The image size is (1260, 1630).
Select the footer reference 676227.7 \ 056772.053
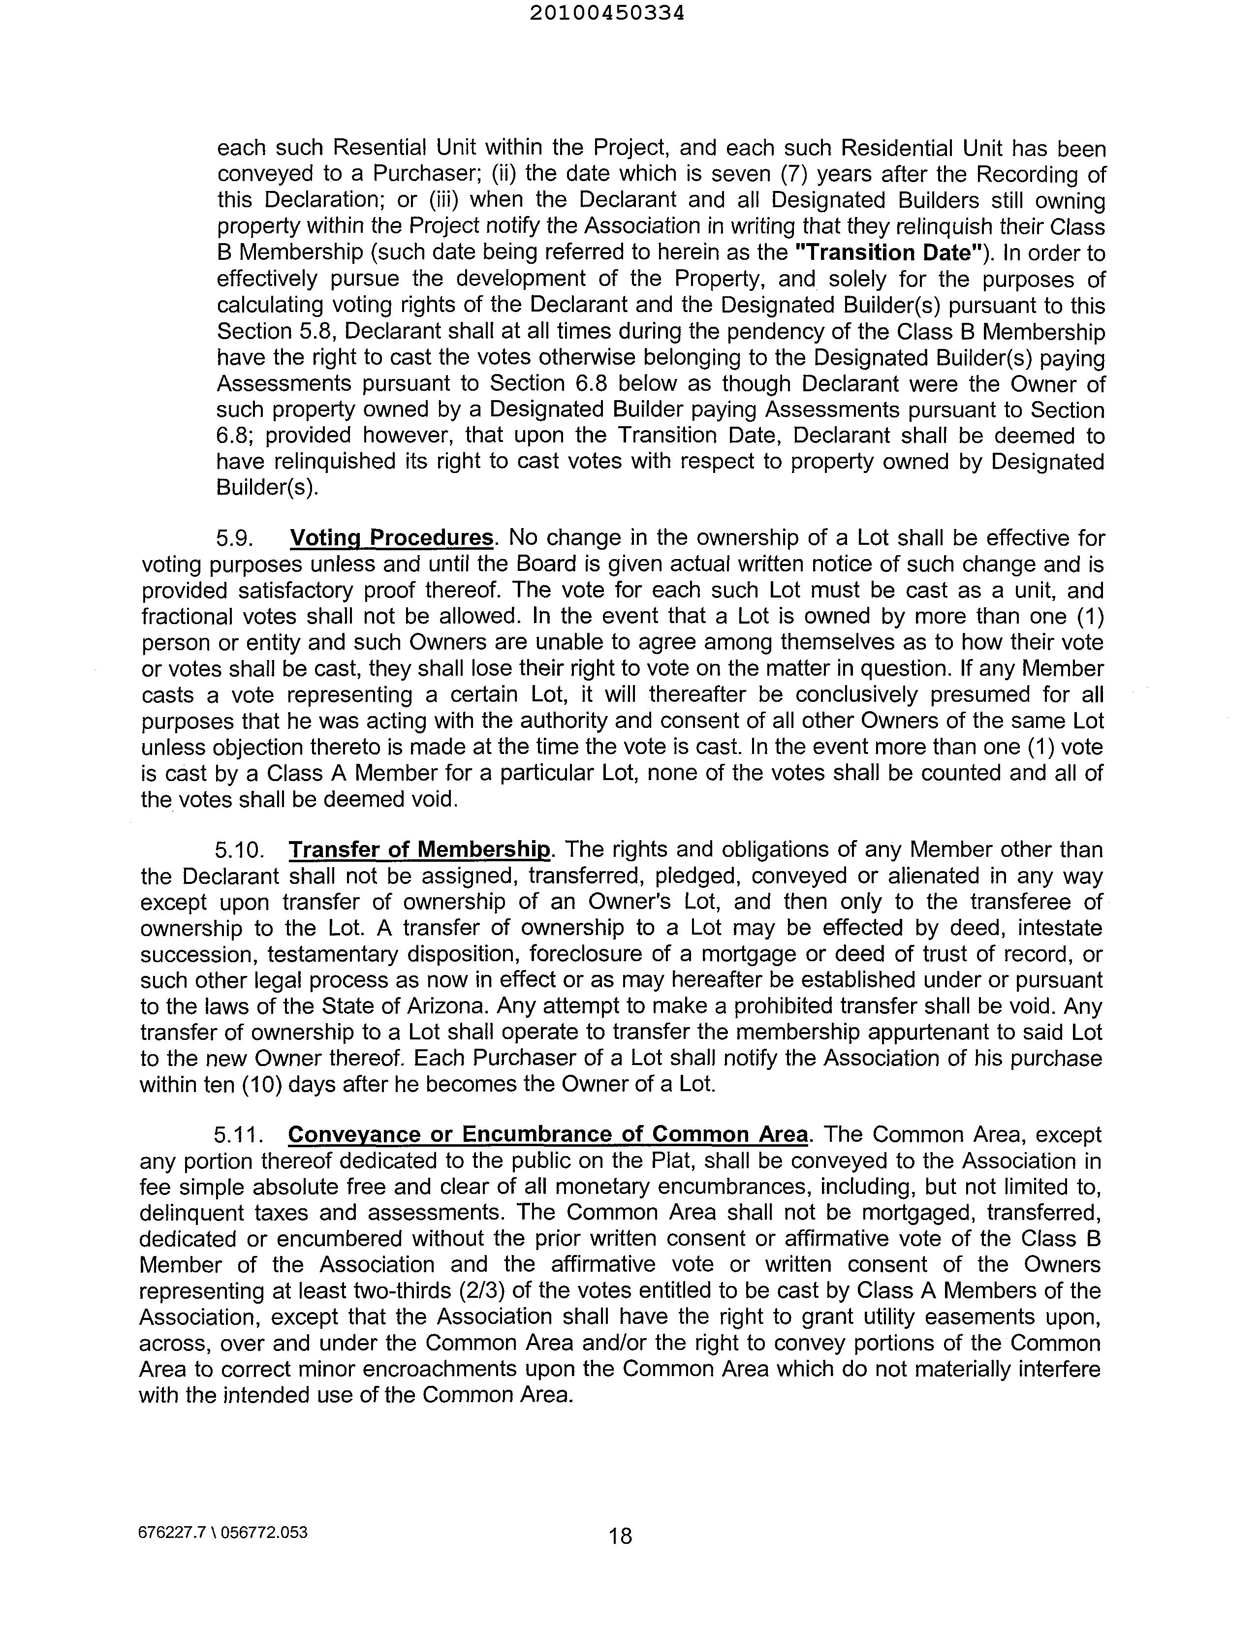click(x=223, y=1532)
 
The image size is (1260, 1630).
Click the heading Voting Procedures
click(x=391, y=537)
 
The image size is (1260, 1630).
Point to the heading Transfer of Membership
click(x=419, y=849)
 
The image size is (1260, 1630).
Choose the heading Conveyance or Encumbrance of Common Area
click(x=548, y=1134)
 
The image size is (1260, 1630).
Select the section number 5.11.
click(x=240, y=1134)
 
